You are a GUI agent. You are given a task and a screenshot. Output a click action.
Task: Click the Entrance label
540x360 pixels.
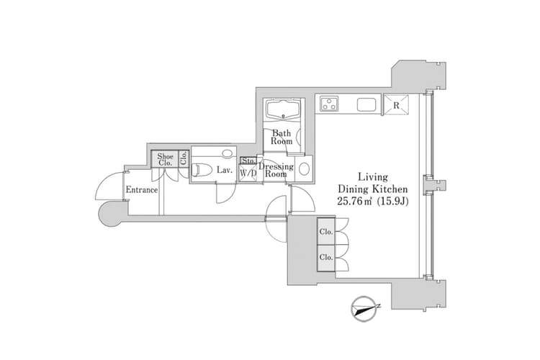[x=142, y=189]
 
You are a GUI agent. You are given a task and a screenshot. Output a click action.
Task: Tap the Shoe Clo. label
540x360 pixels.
[x=166, y=160]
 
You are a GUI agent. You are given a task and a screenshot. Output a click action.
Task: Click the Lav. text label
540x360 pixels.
[x=225, y=170]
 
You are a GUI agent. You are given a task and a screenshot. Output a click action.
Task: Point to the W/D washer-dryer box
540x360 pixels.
[x=248, y=174]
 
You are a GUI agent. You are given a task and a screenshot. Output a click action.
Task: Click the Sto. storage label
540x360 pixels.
[x=248, y=161]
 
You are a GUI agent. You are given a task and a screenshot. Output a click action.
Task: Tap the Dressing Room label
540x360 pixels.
[x=276, y=170]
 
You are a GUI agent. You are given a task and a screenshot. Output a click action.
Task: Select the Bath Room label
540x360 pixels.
[x=282, y=137]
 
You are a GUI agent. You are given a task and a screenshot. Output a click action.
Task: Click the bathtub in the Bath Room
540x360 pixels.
[x=284, y=109]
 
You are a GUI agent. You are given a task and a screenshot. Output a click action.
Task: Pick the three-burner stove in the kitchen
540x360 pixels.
[x=329, y=104]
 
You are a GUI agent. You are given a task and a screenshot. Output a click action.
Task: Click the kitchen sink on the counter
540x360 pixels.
[x=366, y=104]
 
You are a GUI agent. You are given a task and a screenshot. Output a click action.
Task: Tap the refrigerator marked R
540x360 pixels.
[x=396, y=105]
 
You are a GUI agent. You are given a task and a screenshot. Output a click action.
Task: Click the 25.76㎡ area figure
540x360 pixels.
[x=356, y=201]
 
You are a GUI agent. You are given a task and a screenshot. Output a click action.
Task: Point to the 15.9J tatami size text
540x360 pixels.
[x=393, y=201]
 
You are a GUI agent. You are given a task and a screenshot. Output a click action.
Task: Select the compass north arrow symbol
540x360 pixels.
[x=364, y=309]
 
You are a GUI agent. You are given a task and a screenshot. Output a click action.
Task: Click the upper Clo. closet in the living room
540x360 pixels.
[x=326, y=231]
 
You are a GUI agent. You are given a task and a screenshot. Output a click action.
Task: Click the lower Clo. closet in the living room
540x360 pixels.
[x=326, y=258]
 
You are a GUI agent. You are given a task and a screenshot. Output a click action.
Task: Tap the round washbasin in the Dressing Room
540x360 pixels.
[x=304, y=168]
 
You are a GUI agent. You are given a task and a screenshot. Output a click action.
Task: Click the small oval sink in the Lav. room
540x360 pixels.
[x=227, y=153]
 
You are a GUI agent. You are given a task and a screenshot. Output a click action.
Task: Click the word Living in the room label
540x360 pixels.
[x=373, y=177]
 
